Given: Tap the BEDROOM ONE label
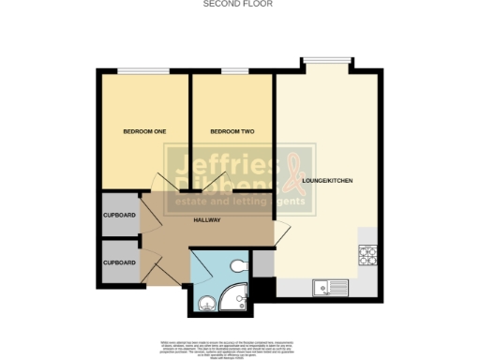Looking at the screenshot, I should click(144, 131).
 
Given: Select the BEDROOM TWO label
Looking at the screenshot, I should click(229, 131).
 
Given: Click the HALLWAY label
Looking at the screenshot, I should click(206, 219).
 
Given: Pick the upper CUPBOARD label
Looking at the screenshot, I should click(119, 216).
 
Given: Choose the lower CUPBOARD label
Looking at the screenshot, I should click(119, 262).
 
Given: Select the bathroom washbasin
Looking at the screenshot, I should click(204, 301).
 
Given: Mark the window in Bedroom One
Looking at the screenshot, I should click(143, 71).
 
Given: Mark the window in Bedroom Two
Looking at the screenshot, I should click(235, 71).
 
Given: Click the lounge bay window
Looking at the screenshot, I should click(326, 60).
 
